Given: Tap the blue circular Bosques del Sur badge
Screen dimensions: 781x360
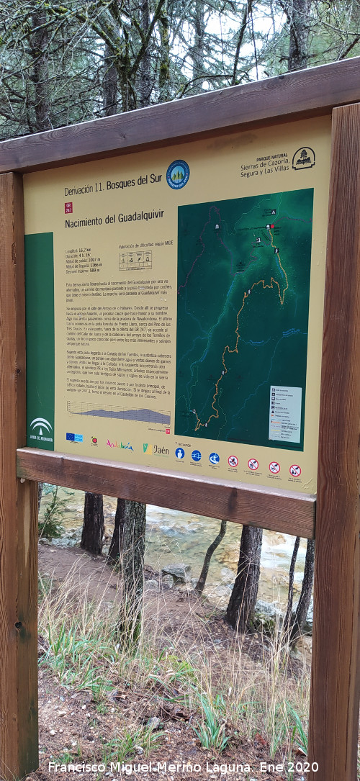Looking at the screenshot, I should (x=178, y=174).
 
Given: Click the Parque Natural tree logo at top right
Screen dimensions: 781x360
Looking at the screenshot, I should (x=303, y=158).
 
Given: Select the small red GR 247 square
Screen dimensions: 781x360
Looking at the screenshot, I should (x=68, y=207).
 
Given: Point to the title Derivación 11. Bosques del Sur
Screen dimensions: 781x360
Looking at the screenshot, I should (x=113, y=185).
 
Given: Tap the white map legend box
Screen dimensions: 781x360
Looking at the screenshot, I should (x=285, y=414).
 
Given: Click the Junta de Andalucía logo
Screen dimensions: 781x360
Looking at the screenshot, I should (x=41, y=429).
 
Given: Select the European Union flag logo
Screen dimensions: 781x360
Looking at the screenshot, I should (x=73, y=437).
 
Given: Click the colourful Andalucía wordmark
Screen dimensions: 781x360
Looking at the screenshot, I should (x=120, y=446).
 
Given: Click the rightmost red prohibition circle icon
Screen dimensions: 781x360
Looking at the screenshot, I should (x=295, y=471).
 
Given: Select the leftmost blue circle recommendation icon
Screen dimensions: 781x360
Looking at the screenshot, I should (x=179, y=453).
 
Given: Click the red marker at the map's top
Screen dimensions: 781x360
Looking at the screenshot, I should (x=271, y=226).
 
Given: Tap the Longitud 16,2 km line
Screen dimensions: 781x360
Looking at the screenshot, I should (x=79, y=250).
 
